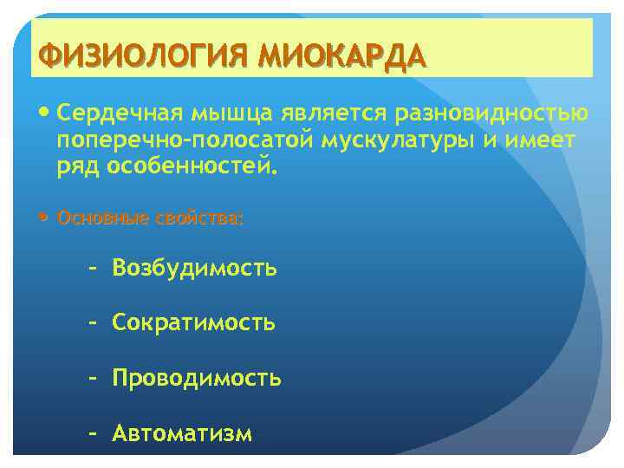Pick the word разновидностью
coord(489,114)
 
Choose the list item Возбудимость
coord(194,270)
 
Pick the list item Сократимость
coord(193,324)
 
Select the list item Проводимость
coord(196,379)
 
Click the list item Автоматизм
coord(182,433)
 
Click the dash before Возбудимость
coord(92,270)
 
